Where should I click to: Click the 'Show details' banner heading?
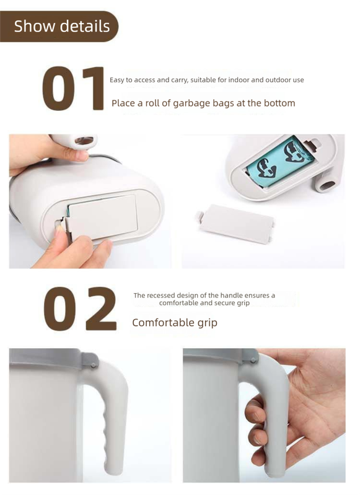pyautogui.click(x=61, y=26)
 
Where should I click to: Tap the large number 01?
pyautogui.click(x=73, y=89)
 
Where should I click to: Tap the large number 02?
pyautogui.click(x=81, y=309)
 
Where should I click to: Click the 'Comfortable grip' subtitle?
pyautogui.click(x=175, y=323)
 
